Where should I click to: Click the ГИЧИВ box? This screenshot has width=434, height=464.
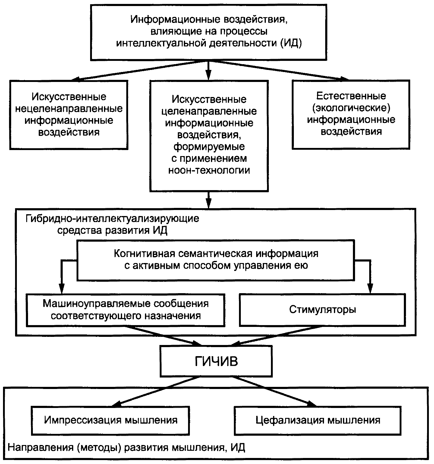(216, 361)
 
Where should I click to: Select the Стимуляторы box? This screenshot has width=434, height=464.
(322, 310)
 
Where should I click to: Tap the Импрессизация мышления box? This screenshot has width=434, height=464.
(111, 420)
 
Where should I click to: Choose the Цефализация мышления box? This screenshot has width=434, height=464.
(318, 420)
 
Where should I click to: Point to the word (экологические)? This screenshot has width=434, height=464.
(351, 108)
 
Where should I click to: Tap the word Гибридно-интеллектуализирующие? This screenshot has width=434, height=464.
(112, 218)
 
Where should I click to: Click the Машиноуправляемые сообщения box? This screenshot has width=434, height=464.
(126, 310)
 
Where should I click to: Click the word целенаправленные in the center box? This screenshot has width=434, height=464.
(209, 111)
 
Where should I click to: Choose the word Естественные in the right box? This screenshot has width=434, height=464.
(351, 96)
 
